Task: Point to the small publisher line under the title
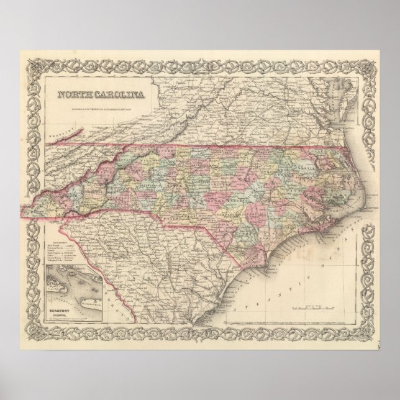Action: [103, 104]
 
